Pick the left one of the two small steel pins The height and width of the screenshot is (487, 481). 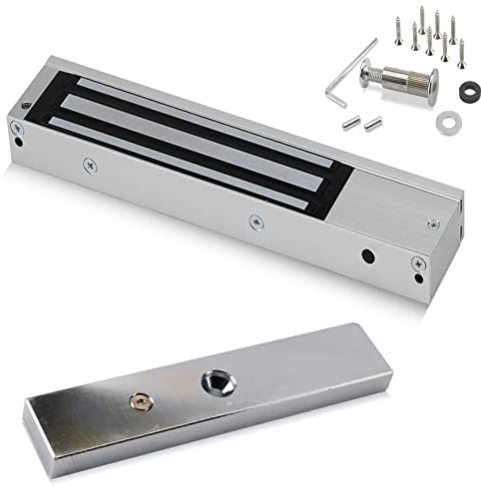click(350, 124)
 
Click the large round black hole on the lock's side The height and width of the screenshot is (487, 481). click(368, 254)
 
